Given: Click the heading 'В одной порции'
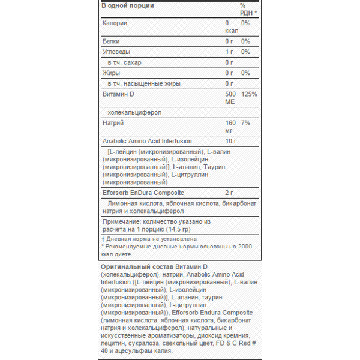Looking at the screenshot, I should point(128,5).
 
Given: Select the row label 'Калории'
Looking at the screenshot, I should point(115,23).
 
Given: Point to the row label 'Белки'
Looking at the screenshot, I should point(112,41).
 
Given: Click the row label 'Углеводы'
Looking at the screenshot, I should point(116,52).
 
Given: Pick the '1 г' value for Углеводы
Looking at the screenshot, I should point(229,52).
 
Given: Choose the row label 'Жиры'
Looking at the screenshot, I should point(112,73).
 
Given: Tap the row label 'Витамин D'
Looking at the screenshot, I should point(119,94).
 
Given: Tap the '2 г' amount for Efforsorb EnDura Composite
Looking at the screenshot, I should point(229,193).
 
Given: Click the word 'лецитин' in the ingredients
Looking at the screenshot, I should point(112,344).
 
